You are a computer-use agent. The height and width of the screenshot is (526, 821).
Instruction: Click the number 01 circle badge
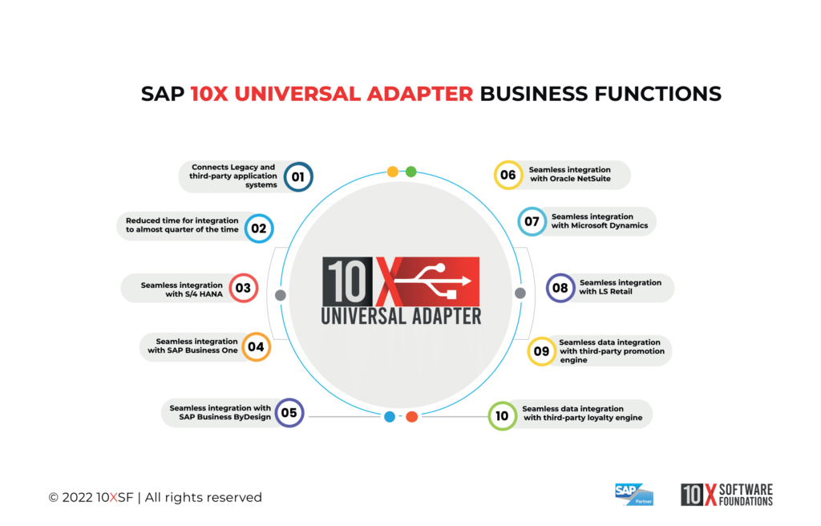pyautogui.click(x=297, y=176)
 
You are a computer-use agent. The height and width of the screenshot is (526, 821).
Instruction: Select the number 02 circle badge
pyautogui.click(x=258, y=229)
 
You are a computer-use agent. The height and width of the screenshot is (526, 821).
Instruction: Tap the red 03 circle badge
pyautogui.click(x=243, y=288)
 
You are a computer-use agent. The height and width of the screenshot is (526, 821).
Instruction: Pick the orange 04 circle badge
pyautogui.click(x=256, y=347)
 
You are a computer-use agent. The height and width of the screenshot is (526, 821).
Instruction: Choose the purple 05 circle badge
pyautogui.click(x=289, y=413)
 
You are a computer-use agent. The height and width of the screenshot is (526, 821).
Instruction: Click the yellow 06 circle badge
pyautogui.click(x=508, y=175)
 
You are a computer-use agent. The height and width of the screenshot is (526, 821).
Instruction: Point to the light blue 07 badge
pyautogui.click(x=532, y=221)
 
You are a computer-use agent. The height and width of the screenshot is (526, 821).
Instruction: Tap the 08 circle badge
pyautogui.click(x=560, y=288)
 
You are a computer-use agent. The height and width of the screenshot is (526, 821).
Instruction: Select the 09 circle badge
pyautogui.click(x=541, y=350)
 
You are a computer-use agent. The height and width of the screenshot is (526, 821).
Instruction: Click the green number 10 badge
pyautogui.click(x=502, y=416)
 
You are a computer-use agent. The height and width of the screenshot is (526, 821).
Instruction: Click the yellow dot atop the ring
pyautogui.click(x=393, y=172)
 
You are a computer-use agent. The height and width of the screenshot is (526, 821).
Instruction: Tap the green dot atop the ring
pyautogui.click(x=411, y=172)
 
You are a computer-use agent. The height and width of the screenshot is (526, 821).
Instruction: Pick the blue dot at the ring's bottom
pyautogui.click(x=390, y=417)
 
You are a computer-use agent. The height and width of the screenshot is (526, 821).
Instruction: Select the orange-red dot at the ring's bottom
pyautogui.click(x=411, y=417)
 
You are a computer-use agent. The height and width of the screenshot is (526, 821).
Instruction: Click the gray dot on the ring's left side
pyautogui.click(x=281, y=295)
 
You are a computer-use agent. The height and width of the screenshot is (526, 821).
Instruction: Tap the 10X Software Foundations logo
pyautogui.click(x=726, y=495)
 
